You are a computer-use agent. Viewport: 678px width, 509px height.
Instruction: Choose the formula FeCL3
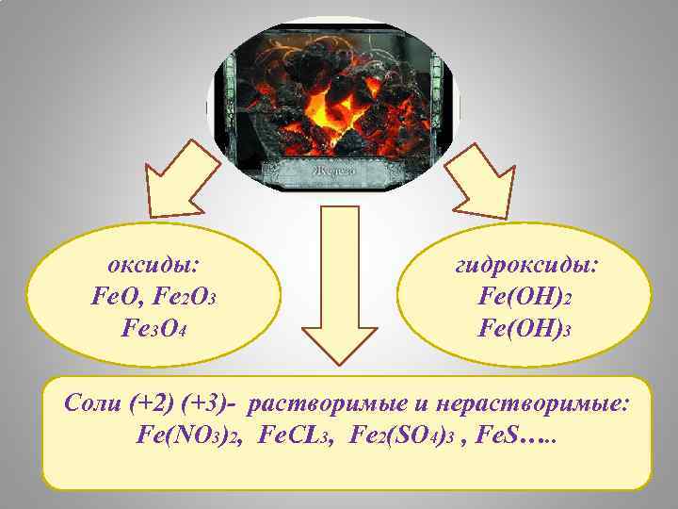point(295,435)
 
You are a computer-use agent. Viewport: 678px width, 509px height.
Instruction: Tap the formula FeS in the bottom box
point(499,435)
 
